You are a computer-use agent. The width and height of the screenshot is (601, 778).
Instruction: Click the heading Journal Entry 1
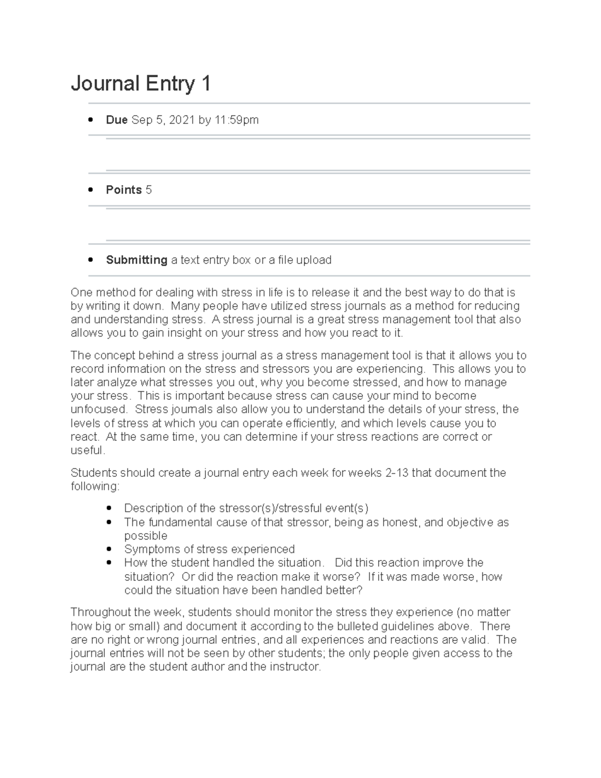pos(141,84)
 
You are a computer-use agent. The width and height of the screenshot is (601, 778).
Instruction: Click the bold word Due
pos(117,120)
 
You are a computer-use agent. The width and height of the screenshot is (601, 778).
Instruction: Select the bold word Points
pos(124,190)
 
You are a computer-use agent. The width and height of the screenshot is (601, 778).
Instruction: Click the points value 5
pos(149,190)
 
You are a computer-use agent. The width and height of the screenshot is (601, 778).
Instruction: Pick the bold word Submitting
pos(136,260)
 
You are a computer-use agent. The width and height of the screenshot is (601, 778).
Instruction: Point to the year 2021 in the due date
pos(182,120)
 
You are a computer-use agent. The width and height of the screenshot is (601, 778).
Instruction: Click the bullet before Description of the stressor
pos(109,508)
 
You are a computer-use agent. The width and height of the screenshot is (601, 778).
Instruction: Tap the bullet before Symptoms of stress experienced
pos(109,550)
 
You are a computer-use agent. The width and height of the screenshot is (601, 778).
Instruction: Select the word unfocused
pos(99,409)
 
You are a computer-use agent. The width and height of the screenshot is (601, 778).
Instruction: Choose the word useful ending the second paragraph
pos(87,450)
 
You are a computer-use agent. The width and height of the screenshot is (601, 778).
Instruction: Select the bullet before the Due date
pos(91,120)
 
